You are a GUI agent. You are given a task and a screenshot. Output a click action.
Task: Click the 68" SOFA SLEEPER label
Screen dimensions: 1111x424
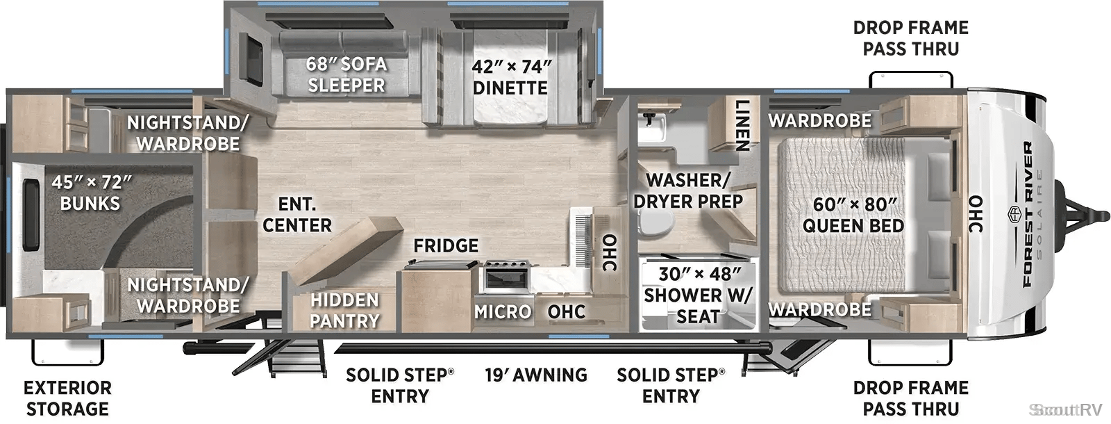pyautogui.click(x=346, y=74)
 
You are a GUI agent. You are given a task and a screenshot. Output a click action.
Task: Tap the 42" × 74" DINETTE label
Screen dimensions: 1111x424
pyautogui.click(x=511, y=77)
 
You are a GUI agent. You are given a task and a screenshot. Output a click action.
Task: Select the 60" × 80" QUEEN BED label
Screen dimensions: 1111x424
pyautogui.click(x=853, y=215)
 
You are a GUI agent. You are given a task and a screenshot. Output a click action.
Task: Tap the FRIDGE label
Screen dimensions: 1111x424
pyautogui.click(x=446, y=245)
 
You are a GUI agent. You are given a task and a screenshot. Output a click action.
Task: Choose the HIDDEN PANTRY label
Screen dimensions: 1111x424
pyautogui.click(x=344, y=310)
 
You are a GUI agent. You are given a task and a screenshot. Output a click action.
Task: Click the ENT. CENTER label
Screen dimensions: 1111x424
pyautogui.click(x=297, y=215)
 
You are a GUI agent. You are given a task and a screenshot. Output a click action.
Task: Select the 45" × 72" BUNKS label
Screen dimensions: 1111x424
pyautogui.click(x=91, y=193)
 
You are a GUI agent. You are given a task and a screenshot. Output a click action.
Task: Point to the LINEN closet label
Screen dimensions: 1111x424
pyautogui.click(x=742, y=124)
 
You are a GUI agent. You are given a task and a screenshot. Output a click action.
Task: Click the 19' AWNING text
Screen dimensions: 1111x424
pyautogui.click(x=536, y=375)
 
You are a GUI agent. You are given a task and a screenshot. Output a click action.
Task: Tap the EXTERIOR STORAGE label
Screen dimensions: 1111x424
pyautogui.click(x=67, y=398)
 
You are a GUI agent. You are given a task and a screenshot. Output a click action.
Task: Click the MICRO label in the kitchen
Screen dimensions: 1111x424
pyautogui.click(x=503, y=312)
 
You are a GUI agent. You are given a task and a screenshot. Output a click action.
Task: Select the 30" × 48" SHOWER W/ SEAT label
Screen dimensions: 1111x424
pyautogui.click(x=699, y=295)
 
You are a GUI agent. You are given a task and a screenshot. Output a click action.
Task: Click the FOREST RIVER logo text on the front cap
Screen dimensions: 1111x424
pyautogui.click(x=1027, y=214)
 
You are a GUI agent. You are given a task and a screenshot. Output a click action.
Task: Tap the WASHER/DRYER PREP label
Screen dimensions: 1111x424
pyautogui.click(x=688, y=190)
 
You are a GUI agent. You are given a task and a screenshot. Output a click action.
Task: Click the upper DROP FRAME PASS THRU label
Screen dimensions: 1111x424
pyautogui.click(x=910, y=38)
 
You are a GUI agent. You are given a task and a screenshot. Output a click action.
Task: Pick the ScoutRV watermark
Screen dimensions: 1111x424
pyautogui.click(x=1065, y=410)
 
